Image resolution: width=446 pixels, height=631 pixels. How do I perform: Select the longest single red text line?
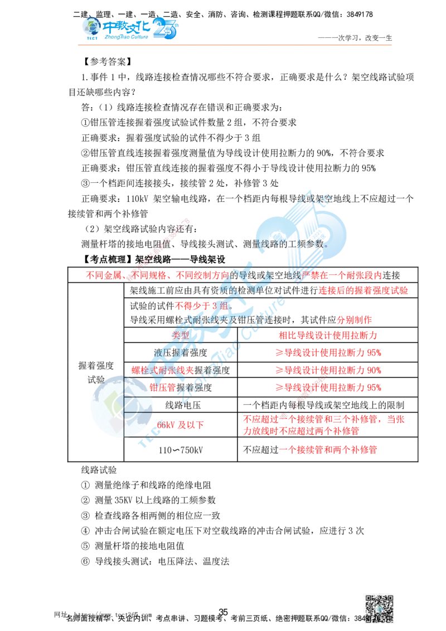point(234,275)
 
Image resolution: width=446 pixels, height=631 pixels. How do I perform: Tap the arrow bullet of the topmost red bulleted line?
point(279,353)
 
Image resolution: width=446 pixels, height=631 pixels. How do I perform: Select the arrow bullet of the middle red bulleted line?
point(279,370)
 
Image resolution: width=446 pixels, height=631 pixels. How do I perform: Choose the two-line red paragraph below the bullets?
point(323,425)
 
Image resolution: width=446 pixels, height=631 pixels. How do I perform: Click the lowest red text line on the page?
point(328,449)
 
